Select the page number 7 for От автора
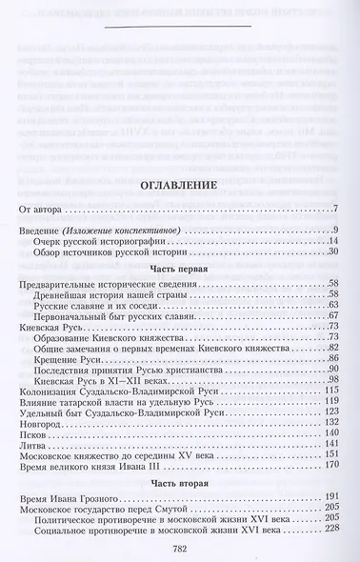pos(335,209)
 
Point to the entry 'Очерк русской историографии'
pos(100,243)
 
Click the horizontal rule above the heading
pos(179,39)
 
